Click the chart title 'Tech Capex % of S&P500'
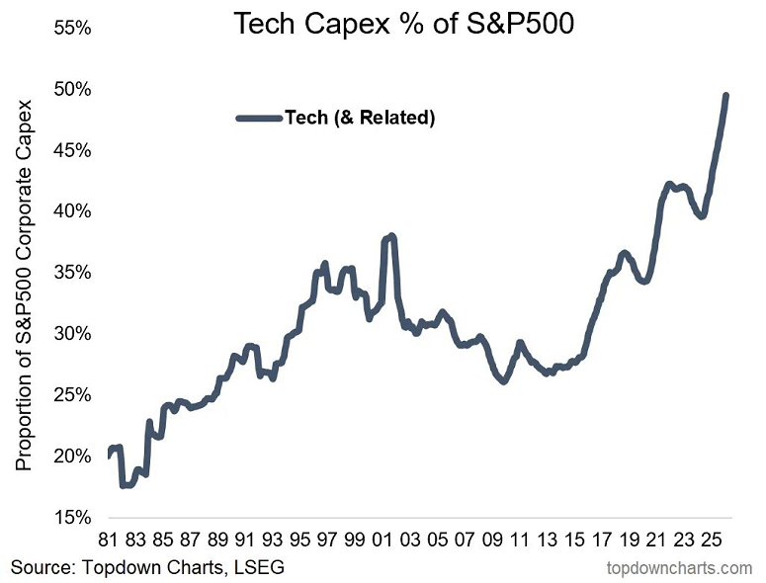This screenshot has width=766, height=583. point(402,25)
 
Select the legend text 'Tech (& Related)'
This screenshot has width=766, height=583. point(360,118)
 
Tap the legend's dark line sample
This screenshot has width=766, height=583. point(259,118)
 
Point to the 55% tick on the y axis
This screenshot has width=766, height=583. point(72,29)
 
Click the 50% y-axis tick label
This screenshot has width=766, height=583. point(72,90)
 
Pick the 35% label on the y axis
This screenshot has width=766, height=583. point(72,273)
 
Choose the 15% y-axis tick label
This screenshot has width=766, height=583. point(72,517)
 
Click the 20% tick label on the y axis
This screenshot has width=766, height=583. point(72,456)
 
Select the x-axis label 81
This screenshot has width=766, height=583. point(108,541)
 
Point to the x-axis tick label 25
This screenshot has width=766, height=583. point(710,541)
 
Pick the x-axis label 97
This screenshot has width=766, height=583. point(327,541)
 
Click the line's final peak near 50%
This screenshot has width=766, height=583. point(726,96)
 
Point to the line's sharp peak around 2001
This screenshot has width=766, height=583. point(392,236)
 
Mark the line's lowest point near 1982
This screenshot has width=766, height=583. point(125,485)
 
